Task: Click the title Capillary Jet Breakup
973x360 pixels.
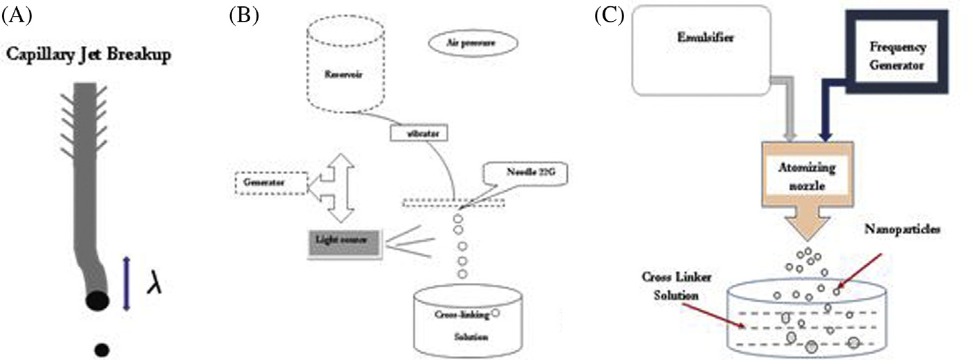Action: [x=88, y=54]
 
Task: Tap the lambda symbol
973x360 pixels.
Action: [x=154, y=284]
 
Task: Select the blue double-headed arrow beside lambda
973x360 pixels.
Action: [x=126, y=283]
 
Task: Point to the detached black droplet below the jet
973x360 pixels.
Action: [x=101, y=350]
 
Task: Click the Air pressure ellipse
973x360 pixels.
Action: [x=472, y=43]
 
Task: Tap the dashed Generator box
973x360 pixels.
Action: [x=270, y=183]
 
